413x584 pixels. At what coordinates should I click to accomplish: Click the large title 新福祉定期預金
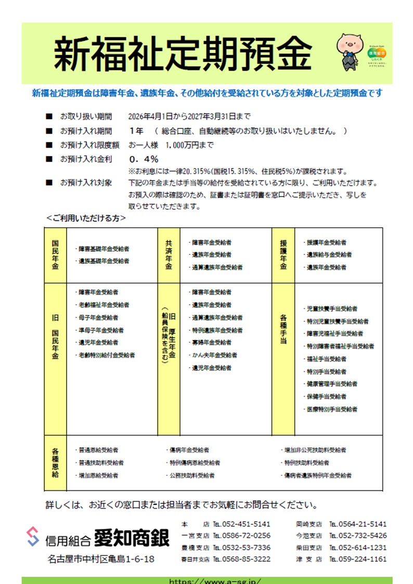pyautogui.click(x=183, y=54)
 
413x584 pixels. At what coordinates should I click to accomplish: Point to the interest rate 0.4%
pyautogui.click(x=144, y=159)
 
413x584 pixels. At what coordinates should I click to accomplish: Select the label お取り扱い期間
pyautogui.click(x=86, y=116)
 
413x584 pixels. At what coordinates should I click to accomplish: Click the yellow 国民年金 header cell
pyautogui.click(x=55, y=255)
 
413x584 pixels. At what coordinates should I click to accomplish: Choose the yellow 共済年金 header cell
pyautogui.click(x=169, y=255)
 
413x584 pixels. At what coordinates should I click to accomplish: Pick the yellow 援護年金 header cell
pyautogui.click(x=283, y=255)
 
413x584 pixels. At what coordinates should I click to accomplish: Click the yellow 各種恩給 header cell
pyautogui.click(x=55, y=463)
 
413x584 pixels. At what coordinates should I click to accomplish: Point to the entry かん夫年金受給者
pyautogui.click(x=214, y=355)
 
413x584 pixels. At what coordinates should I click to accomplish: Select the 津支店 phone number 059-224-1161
pyautogui.click(x=364, y=559)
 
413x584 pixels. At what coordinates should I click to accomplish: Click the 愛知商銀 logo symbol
pyautogui.click(x=33, y=536)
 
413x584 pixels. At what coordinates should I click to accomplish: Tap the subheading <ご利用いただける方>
pyautogui.click(x=86, y=218)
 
